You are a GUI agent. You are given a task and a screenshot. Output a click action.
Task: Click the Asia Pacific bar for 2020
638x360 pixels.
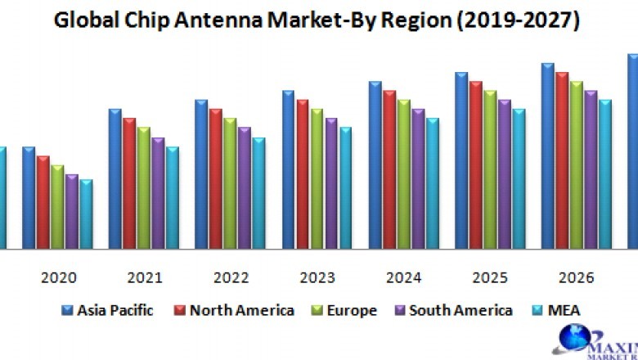click(29, 198)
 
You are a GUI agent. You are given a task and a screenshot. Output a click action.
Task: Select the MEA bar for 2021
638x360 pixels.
click(173, 198)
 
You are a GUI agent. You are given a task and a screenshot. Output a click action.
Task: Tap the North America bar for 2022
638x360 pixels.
click(216, 178)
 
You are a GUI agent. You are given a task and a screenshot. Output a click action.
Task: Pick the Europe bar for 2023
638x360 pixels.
click(317, 178)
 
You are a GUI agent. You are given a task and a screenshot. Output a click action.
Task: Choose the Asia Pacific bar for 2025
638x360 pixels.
click(461, 160)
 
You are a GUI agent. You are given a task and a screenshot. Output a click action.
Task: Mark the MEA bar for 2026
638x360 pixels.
click(604, 173)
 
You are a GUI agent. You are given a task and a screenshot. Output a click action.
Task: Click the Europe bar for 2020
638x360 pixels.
click(57, 207)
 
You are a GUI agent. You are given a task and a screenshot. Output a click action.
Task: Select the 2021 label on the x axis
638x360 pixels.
click(144, 278)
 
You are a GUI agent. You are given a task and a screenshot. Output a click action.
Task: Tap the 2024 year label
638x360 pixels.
click(403, 278)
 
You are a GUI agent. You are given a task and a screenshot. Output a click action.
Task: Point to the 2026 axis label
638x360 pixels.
click(576, 278)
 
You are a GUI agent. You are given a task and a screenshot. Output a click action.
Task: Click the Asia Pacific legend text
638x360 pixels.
click(115, 310)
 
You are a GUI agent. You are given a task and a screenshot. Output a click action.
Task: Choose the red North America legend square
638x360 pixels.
click(179, 310)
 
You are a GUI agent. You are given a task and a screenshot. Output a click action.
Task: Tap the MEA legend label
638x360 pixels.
click(564, 310)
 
